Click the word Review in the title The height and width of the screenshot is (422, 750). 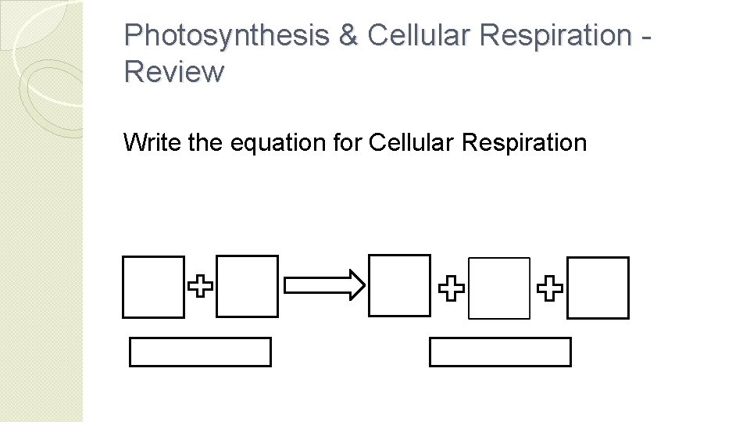173,72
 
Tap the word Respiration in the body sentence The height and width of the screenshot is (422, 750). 524,143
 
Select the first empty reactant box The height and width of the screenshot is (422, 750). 154,286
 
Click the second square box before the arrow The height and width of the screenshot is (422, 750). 247,286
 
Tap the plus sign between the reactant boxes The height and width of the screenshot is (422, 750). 201,287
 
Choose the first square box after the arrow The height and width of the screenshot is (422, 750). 399,285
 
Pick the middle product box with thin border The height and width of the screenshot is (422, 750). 499,288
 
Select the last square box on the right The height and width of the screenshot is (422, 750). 598,288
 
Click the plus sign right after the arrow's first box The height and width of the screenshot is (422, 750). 451,289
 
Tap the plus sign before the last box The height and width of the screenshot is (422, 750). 550,289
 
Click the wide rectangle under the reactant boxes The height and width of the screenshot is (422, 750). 200,352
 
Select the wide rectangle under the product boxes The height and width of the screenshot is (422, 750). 500,352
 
